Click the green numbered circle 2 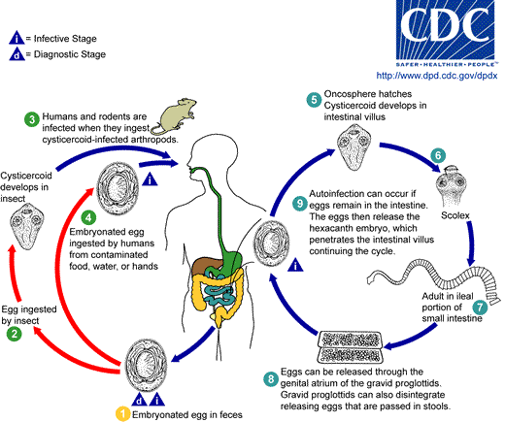click(15, 335)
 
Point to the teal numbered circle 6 click(438, 154)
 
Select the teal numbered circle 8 click(297, 375)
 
